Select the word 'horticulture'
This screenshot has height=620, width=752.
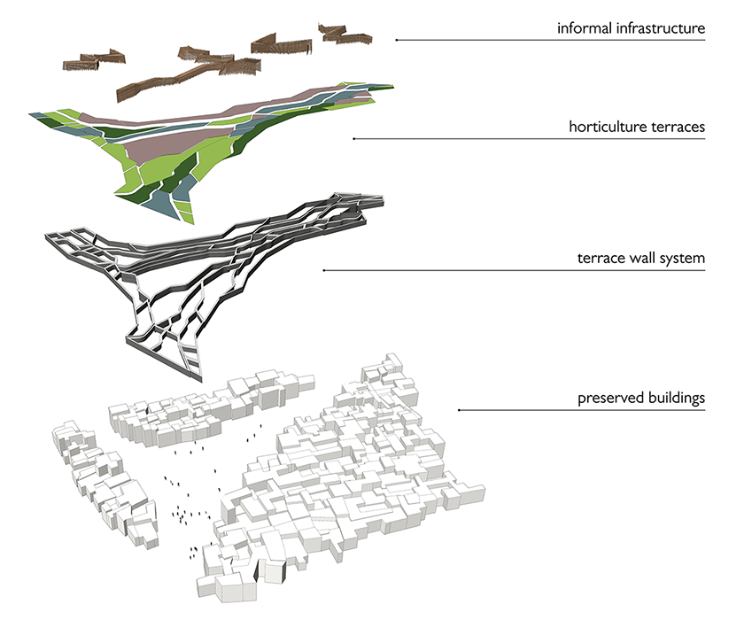pyautogui.click(x=605, y=128)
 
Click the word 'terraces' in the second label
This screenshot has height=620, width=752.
pyautogui.click(x=677, y=128)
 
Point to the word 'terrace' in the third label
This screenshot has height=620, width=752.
pyautogui.click(x=598, y=260)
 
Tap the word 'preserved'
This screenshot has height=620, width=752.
pyautogui.click(x=607, y=399)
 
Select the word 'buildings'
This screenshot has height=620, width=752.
pyautogui.click(x=675, y=399)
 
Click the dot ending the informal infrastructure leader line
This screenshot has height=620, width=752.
pyautogui.click(x=396, y=40)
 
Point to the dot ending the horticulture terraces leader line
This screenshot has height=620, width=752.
pyautogui.click(x=354, y=139)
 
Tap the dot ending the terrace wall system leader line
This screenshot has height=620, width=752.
pyautogui.click(x=323, y=270)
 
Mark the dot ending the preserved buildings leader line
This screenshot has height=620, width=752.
pyautogui.click(x=458, y=410)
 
